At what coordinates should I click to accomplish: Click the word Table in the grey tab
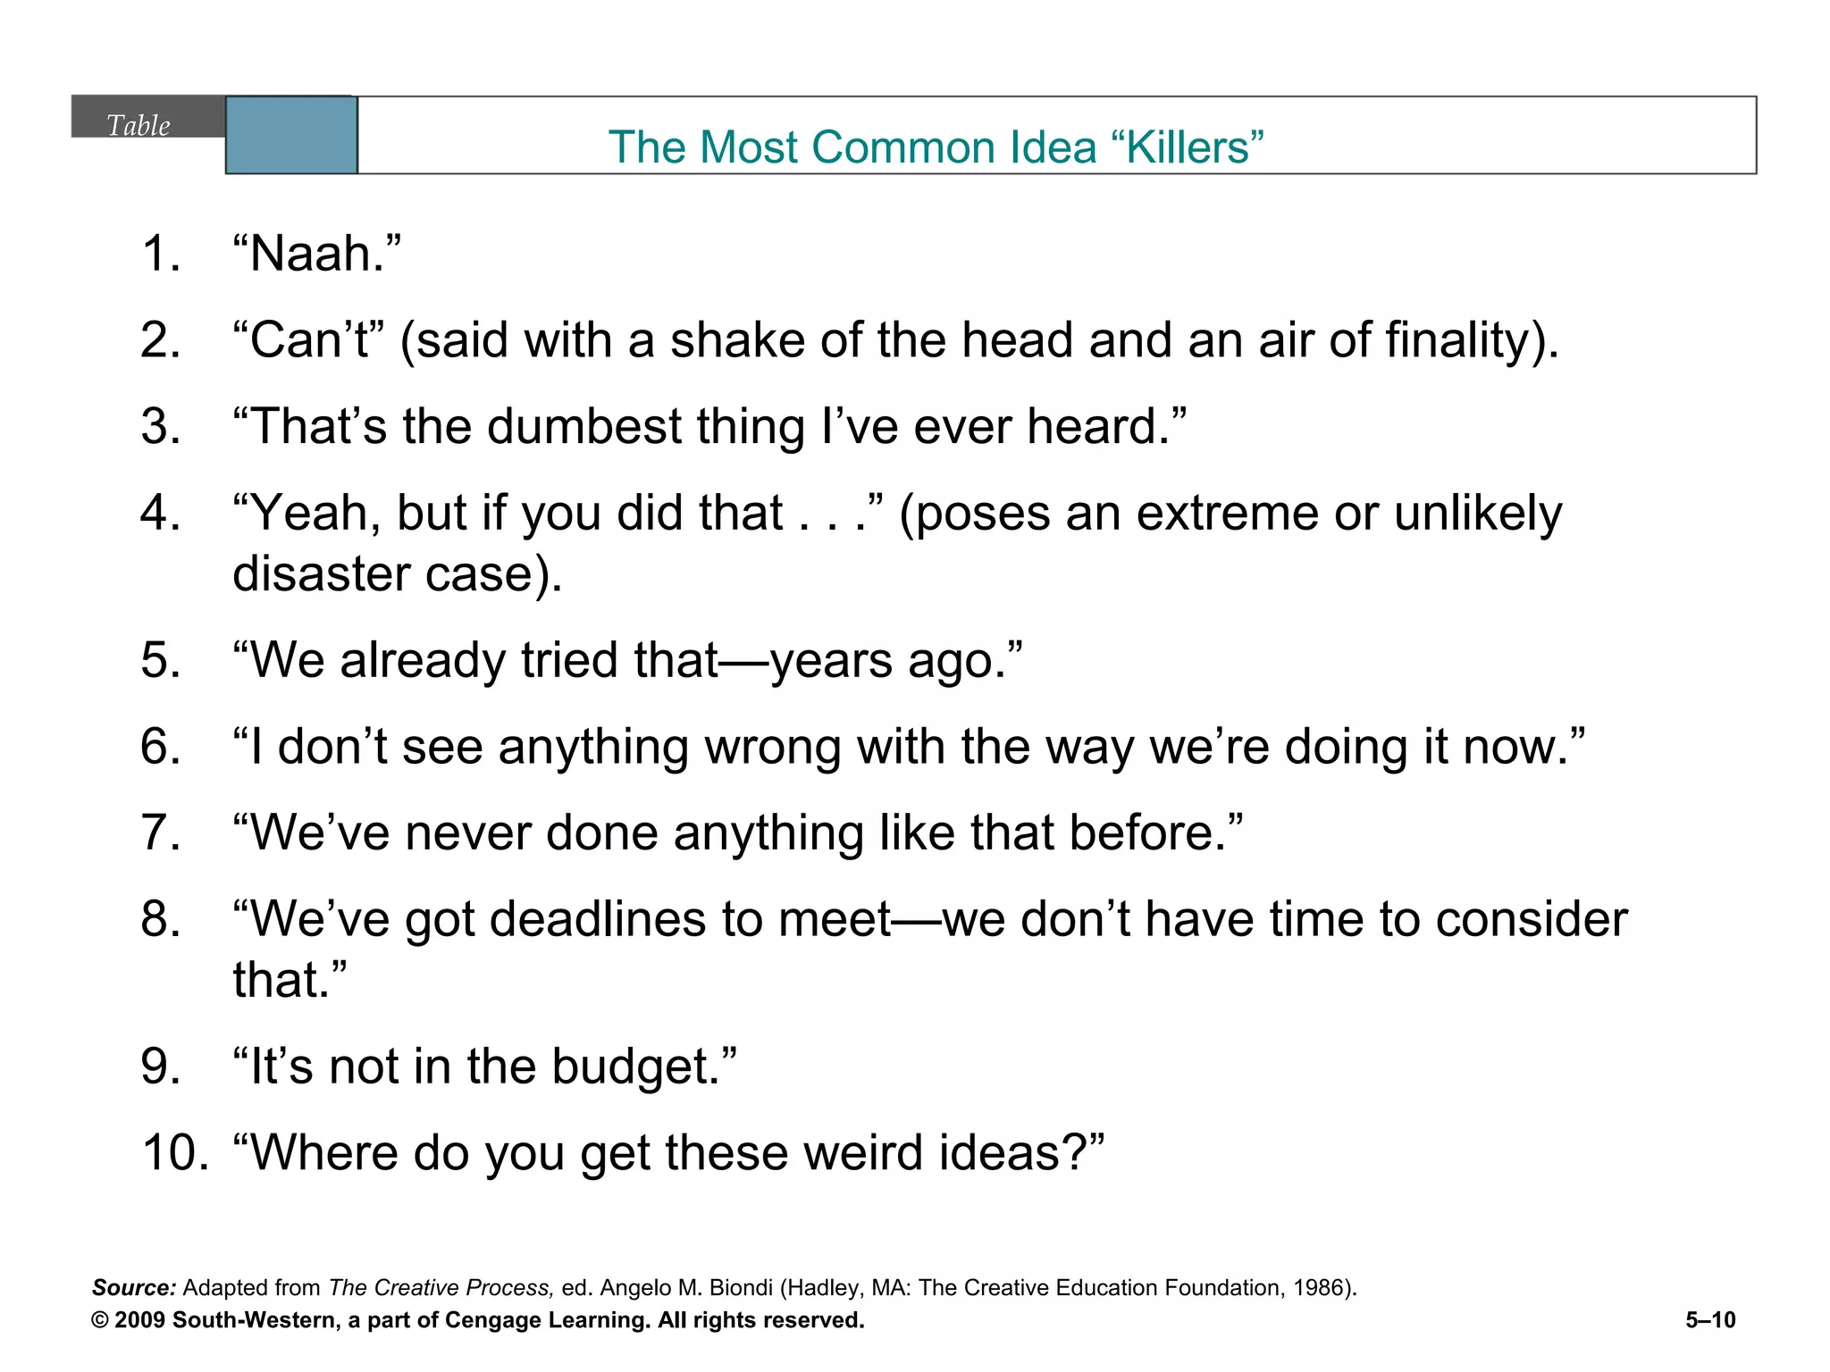(139, 125)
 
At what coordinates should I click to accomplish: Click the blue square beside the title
(291, 135)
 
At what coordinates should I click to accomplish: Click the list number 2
(161, 340)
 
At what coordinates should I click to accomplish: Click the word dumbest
(584, 426)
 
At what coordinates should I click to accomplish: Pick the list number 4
(161, 513)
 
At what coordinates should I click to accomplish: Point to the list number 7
(161, 832)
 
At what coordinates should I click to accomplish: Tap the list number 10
(175, 1152)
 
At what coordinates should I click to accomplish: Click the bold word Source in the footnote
(134, 1287)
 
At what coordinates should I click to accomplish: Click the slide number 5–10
(1710, 1320)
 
